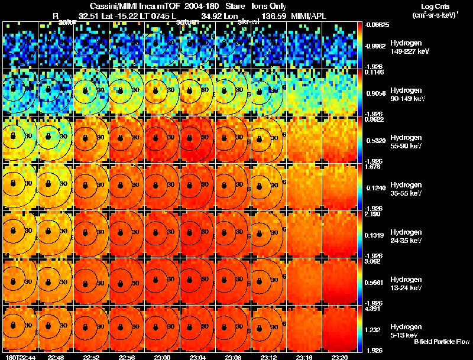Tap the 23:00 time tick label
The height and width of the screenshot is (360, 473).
pos(162,357)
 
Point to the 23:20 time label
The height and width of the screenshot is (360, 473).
pos(339,357)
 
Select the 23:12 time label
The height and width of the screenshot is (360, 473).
pos(268,357)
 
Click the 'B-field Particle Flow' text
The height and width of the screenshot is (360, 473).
pos(441,342)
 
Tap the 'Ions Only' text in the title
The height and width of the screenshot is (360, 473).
pos(269,6)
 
